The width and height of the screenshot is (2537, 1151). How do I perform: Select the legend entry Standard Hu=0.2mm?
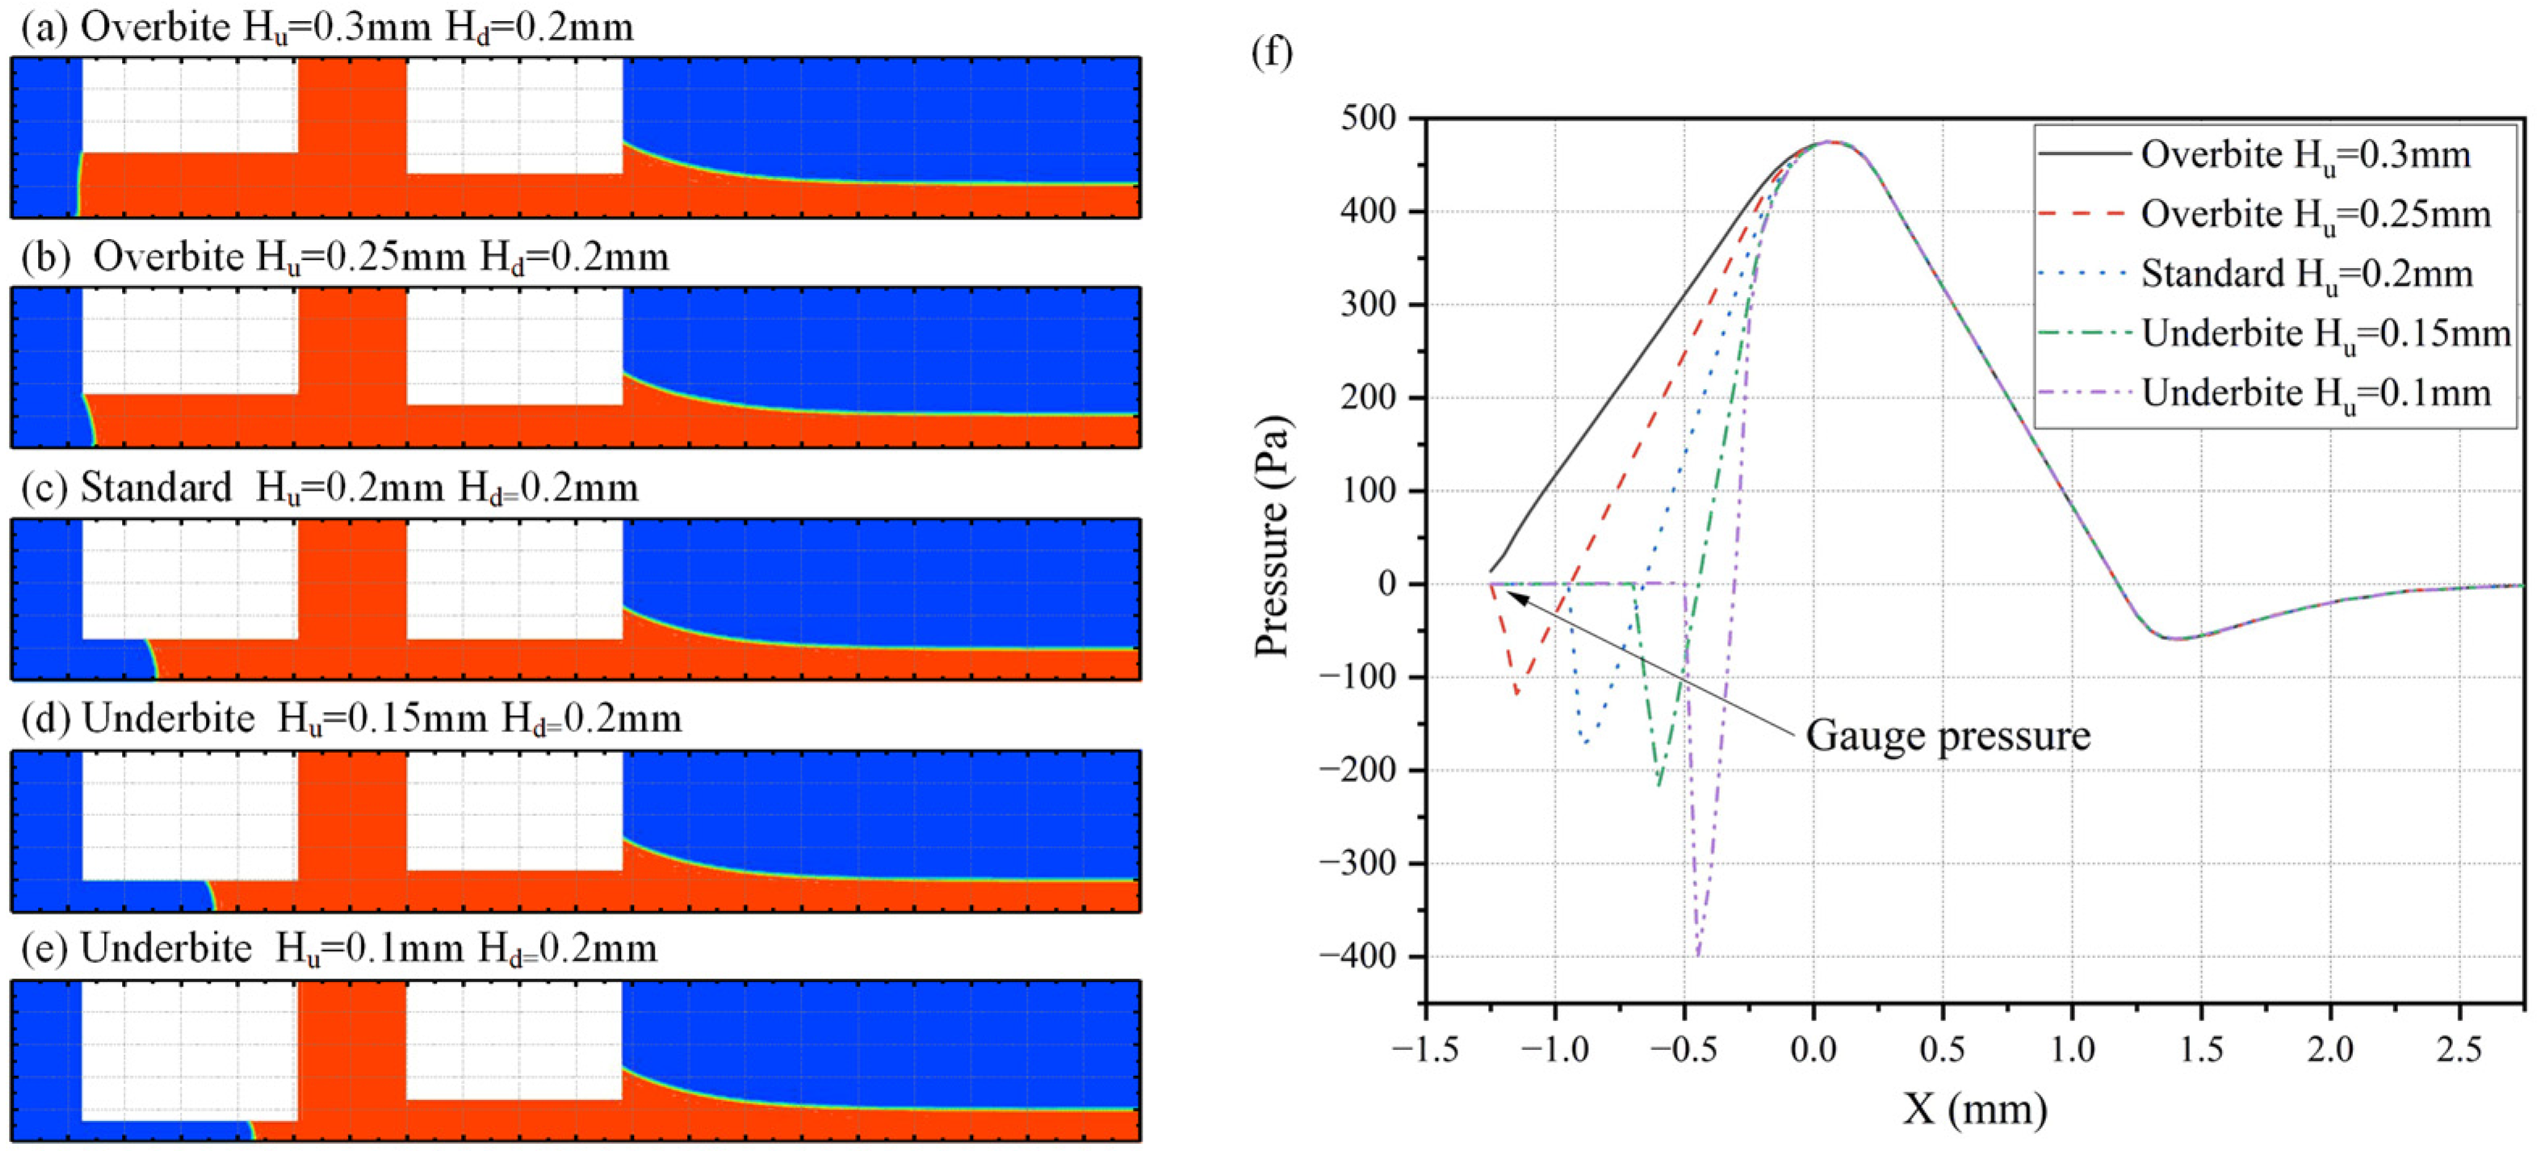coord(2305,274)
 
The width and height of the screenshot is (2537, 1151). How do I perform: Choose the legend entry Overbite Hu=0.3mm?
coord(2304,155)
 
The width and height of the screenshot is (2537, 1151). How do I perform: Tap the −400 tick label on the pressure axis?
coord(1358,956)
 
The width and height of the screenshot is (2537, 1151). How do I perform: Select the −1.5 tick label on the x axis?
coord(1425,1049)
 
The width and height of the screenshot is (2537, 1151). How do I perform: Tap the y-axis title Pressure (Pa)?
coord(1272,537)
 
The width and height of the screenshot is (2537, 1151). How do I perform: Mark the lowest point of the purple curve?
coord(1698,954)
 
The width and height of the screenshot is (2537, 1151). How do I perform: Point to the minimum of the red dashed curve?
coord(1516,694)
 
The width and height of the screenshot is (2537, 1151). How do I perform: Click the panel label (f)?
coord(1272,51)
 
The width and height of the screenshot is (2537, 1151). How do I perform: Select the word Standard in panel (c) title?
coord(156,488)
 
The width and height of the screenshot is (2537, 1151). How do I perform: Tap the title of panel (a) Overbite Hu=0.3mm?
coord(328,27)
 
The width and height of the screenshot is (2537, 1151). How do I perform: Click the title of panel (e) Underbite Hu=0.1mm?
coord(340,949)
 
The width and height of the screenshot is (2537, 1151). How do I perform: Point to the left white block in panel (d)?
coord(189,815)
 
